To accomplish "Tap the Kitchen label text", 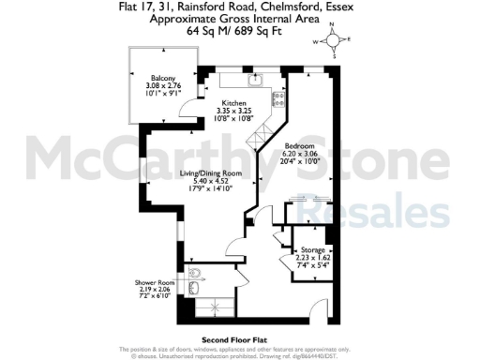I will tap(234, 103).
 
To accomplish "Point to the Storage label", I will tap(313, 251).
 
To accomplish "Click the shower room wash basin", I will tap(193, 291).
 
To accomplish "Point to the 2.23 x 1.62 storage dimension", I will tap(313, 259).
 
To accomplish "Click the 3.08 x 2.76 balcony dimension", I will tap(154, 87).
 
